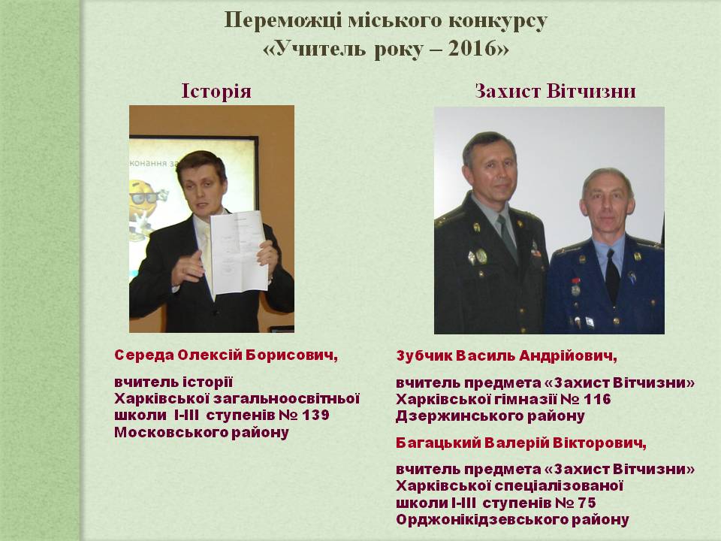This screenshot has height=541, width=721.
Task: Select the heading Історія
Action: (x=216, y=91)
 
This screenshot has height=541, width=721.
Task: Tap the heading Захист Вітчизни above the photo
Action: (x=555, y=91)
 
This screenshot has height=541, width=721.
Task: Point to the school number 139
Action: (x=315, y=415)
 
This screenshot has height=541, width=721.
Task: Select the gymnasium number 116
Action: (x=597, y=399)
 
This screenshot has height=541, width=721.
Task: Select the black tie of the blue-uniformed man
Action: (x=613, y=275)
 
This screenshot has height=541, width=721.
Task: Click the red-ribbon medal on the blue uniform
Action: (x=575, y=286)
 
